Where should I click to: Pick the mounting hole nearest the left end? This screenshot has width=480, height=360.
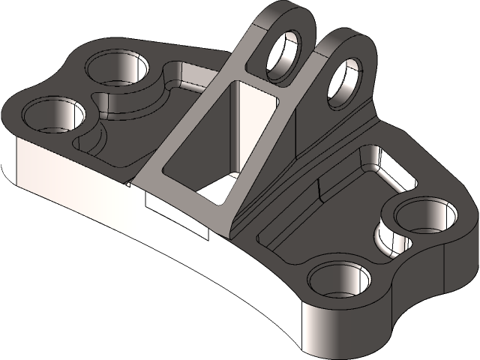(53, 117)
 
